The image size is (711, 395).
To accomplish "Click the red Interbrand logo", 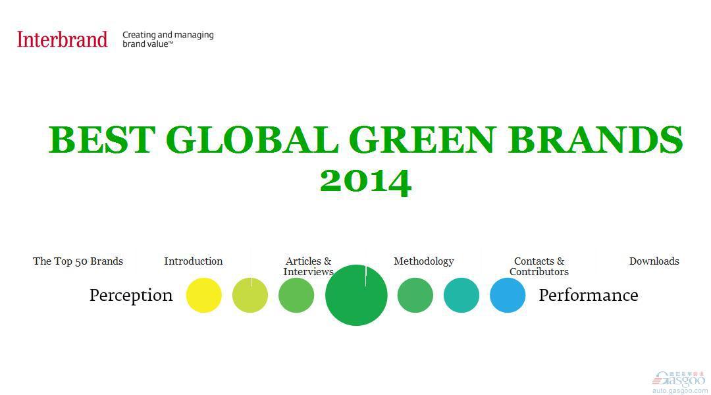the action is click(x=62, y=39).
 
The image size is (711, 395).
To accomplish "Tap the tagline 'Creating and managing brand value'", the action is click(x=168, y=39).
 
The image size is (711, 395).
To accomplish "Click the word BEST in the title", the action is click(x=102, y=140).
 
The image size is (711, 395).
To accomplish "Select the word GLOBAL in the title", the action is click(x=252, y=140).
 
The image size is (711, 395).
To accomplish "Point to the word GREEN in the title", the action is click(x=423, y=140).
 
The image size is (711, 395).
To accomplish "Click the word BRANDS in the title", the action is click(x=595, y=140).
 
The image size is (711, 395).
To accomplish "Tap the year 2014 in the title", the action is click(x=365, y=182).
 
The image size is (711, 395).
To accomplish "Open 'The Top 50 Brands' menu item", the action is click(x=78, y=261).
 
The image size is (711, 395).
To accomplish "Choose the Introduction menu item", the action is click(x=193, y=261).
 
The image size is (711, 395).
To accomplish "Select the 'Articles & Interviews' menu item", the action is click(x=308, y=266).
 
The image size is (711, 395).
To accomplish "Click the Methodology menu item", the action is click(x=423, y=261).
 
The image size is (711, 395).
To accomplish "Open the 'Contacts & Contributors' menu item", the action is click(x=539, y=266).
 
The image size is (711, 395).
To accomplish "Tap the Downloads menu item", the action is click(x=654, y=261).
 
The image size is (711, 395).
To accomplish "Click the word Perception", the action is click(x=131, y=295).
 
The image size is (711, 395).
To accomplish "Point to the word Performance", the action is click(x=589, y=295).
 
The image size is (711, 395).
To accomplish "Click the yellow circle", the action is click(x=204, y=295).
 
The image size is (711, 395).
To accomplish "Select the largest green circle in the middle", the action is click(x=356, y=295).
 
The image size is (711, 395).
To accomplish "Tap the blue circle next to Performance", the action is click(x=508, y=295).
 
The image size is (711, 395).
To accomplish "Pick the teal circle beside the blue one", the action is click(x=461, y=295).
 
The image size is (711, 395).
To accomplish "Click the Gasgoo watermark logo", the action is click(x=679, y=382).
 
